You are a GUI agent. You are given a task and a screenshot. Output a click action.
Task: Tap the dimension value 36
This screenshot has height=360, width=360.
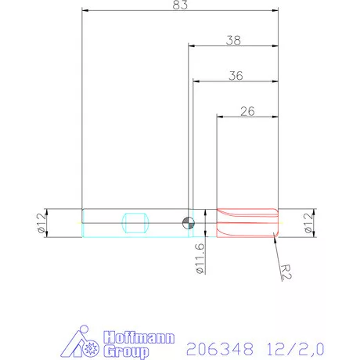[x=235, y=75]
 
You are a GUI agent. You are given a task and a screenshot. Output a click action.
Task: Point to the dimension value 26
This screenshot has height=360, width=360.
[x=247, y=110]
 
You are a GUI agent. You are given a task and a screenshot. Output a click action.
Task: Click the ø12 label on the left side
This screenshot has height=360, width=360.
[x=39, y=222]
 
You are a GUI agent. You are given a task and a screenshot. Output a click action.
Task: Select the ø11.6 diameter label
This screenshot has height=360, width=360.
[x=200, y=257]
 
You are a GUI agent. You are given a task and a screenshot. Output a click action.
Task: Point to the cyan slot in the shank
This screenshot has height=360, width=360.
[x=135, y=221]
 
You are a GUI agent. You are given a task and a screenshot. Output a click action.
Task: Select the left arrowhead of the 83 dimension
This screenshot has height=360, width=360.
[x=85, y=12]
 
